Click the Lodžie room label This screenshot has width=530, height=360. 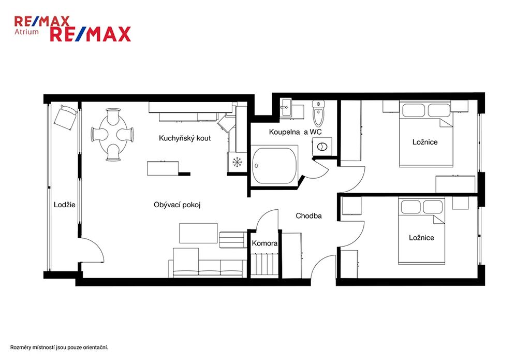pyautogui.click(x=65, y=205)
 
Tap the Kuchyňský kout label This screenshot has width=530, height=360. pyautogui.click(x=185, y=138)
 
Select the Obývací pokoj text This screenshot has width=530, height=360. pyautogui.click(x=177, y=205)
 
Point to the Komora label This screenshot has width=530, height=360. pyautogui.click(x=264, y=243)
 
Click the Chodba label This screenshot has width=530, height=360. pyautogui.click(x=308, y=215)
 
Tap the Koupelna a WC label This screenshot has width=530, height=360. pyautogui.click(x=296, y=132)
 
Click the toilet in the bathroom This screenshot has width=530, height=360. pyautogui.click(x=318, y=113)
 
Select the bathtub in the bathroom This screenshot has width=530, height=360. pyautogui.click(x=274, y=165)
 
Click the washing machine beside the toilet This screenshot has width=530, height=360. pyautogui.click(x=322, y=147)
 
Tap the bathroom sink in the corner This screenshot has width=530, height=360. pyautogui.click(x=286, y=108)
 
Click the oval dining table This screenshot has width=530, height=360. pyautogui.click(x=113, y=135)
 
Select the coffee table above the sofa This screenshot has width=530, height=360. pyautogui.click(x=198, y=233)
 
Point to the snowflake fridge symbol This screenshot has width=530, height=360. pyautogui.click(x=237, y=162)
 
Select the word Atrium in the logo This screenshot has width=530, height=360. pyautogui.click(x=26, y=32)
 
